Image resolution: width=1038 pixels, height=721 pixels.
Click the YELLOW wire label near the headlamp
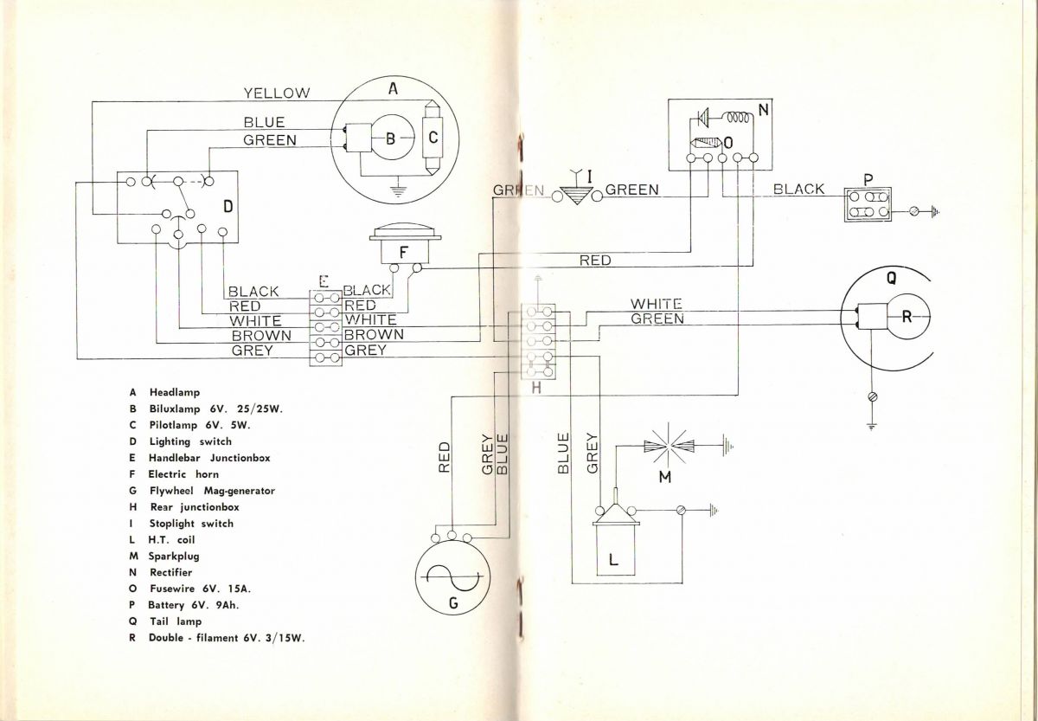point(277,93)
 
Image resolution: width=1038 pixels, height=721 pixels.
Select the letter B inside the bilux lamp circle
point(390,138)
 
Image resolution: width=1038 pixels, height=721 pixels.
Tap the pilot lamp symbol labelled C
point(434,138)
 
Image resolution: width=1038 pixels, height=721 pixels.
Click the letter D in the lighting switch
point(227,206)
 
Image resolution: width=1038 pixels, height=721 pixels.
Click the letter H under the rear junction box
point(536,389)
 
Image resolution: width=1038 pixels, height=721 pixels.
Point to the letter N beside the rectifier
point(763,110)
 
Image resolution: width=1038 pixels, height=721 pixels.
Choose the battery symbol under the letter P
point(868,204)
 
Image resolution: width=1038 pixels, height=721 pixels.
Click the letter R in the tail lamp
point(907,316)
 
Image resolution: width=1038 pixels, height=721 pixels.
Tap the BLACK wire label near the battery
point(798,189)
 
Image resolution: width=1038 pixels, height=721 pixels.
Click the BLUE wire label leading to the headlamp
point(264,123)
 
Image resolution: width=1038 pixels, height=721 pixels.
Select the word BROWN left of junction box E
point(261,335)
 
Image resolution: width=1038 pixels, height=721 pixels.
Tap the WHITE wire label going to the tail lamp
point(656,304)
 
